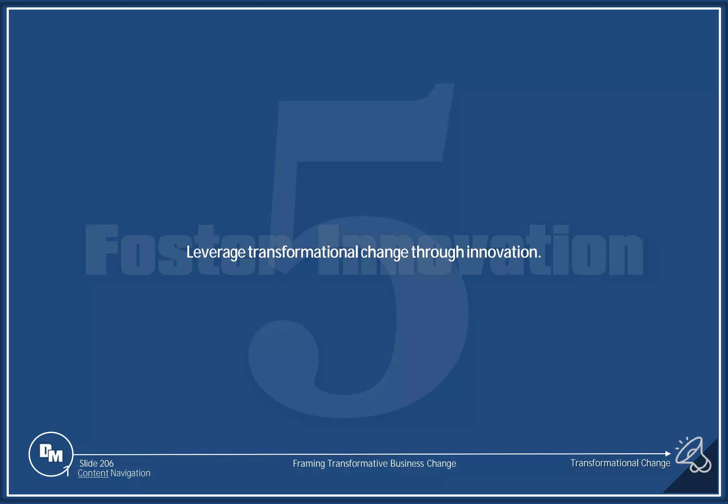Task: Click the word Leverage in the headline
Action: (216, 252)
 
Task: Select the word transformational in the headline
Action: (303, 252)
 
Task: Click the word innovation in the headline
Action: (503, 252)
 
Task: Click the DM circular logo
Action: (51, 454)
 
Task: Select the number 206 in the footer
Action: (107, 463)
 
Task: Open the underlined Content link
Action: (93, 473)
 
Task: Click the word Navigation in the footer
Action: (130, 473)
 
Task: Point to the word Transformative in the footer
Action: (357, 464)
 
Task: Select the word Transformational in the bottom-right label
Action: (604, 463)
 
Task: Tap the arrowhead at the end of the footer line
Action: (668, 454)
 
